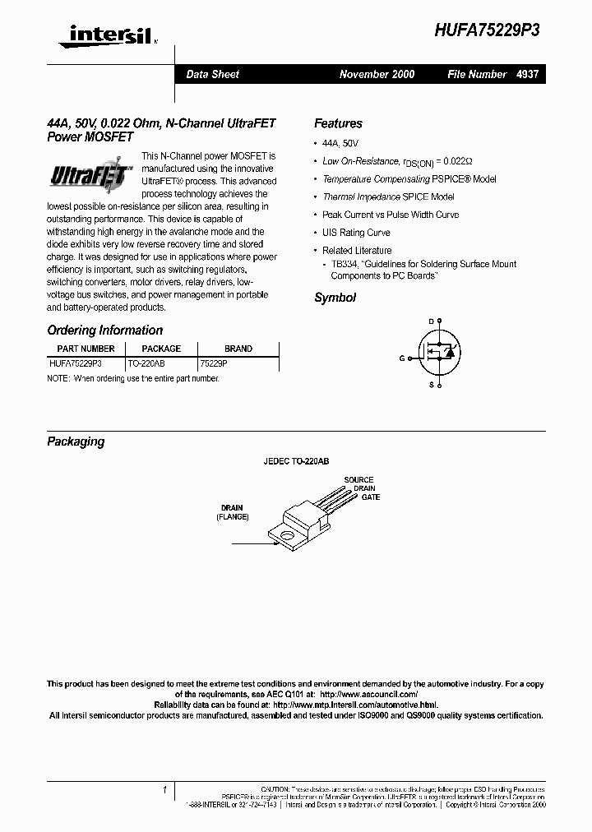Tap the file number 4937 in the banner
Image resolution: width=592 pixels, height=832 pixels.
tap(527, 74)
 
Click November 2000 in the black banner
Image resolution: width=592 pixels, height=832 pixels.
tap(377, 74)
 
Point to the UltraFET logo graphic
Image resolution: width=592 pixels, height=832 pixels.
tap(90, 175)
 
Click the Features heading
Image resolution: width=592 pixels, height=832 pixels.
tap(338, 123)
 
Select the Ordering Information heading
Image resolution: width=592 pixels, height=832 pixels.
tap(105, 330)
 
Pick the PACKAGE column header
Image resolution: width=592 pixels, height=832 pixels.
tap(161, 349)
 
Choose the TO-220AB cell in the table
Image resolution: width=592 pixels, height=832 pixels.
tap(146, 362)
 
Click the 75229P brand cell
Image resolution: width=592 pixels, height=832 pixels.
tap(214, 362)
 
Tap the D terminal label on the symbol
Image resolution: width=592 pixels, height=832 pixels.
tap(430, 321)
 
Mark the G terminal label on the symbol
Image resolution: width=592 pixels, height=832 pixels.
tap(402, 358)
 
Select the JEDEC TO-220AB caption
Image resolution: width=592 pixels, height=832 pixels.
tap(296, 462)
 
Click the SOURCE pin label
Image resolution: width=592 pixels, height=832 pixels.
tap(358, 479)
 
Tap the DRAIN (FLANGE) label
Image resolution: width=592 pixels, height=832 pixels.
tap(233, 512)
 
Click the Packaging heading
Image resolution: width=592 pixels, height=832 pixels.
tap(76, 441)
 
